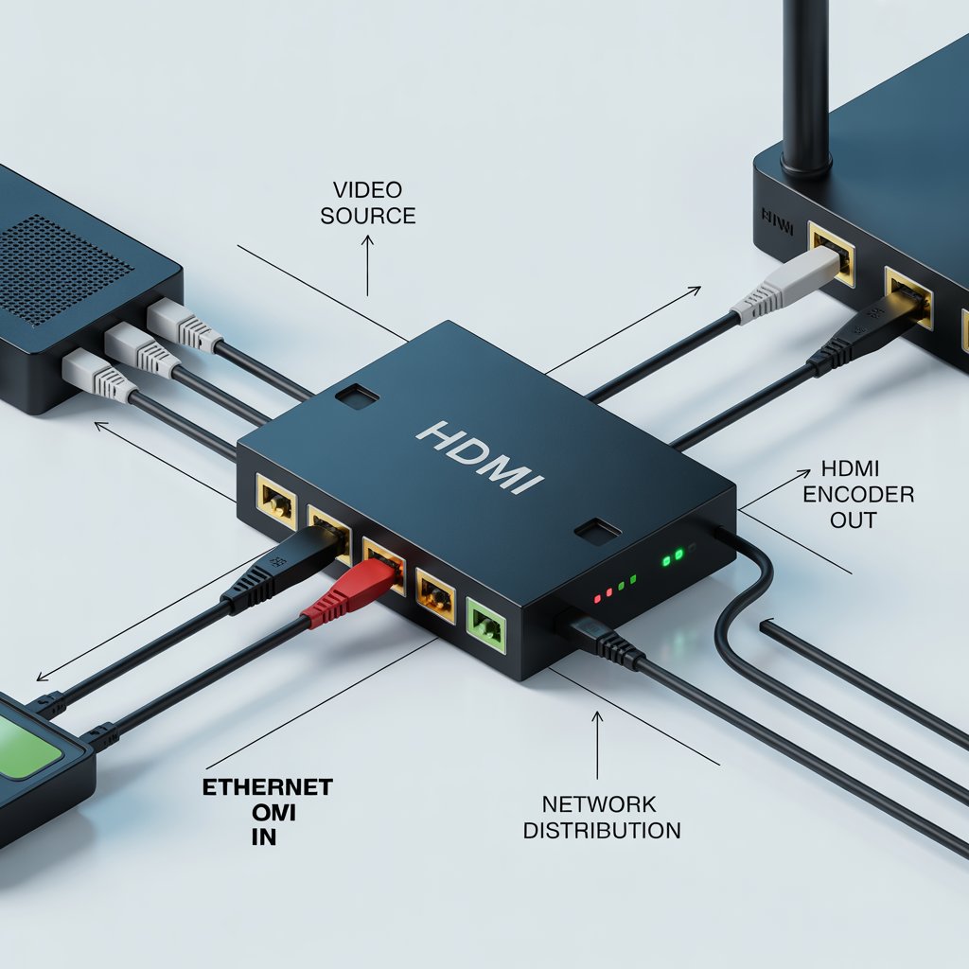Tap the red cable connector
(352, 591)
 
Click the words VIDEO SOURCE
(368, 202)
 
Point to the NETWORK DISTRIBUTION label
(601, 818)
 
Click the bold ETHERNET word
(268, 787)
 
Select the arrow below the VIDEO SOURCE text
(368, 265)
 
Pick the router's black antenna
(804, 85)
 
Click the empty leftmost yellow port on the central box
(277, 499)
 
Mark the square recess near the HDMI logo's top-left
(358, 396)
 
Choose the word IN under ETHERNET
(265, 837)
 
